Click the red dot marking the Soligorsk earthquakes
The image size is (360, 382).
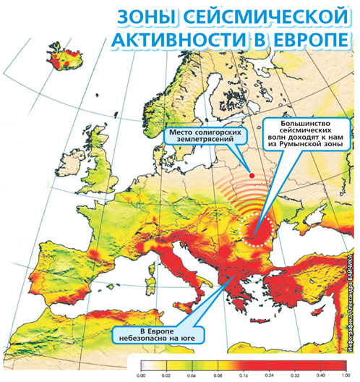pos(251,175)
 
